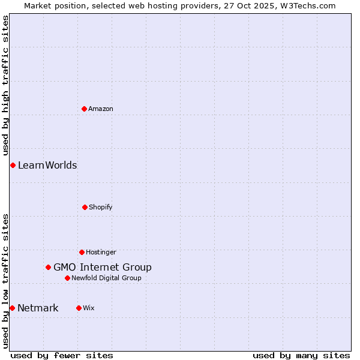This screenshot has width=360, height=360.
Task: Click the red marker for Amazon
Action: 84,109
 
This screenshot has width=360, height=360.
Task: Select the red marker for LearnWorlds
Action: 13,165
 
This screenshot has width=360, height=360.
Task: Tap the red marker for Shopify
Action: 85,207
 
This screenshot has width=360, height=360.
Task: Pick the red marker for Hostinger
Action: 82,252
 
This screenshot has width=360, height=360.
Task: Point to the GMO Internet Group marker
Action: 48,267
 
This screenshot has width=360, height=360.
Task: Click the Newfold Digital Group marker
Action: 67,278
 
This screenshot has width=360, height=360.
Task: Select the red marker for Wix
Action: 79,308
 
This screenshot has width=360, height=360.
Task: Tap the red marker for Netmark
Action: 12,308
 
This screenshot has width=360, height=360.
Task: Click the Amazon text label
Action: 101,109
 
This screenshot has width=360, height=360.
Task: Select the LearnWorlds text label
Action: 47,165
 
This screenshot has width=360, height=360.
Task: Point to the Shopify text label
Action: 101,207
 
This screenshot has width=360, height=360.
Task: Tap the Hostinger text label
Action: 101,252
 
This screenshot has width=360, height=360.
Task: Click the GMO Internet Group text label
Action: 103,267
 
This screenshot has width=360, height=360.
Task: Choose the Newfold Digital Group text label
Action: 106,278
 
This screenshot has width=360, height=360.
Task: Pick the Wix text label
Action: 89,308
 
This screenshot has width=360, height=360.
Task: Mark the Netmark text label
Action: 38,308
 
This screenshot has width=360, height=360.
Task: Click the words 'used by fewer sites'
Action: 62,355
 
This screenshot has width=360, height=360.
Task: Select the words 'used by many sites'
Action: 301,355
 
